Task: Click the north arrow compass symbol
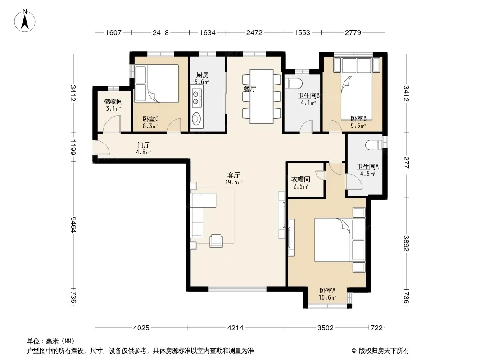coord(25,20)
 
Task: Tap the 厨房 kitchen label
coord(202,75)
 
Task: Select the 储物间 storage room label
coord(113,101)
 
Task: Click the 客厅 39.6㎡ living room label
coord(234,179)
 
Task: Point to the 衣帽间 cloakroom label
coord(300,179)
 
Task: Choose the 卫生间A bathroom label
coord(367,166)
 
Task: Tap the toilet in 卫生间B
coord(293,83)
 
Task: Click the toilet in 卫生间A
coord(374,145)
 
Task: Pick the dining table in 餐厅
coord(262,96)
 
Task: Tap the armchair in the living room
coord(217,241)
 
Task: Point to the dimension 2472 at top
coord(254,32)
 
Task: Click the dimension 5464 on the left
coord(73,225)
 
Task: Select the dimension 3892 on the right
coord(406,243)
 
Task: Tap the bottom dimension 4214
coord(235,328)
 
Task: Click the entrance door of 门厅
coord(102,148)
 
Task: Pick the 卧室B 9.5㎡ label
coord(358,122)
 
